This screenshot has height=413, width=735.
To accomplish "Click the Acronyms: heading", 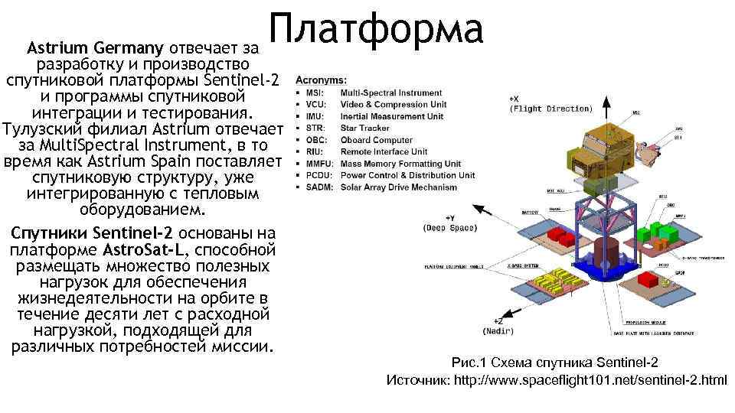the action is click(320, 80).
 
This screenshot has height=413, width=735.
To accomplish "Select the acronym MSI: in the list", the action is click(315, 93).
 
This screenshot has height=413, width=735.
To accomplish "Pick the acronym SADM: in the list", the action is click(318, 187).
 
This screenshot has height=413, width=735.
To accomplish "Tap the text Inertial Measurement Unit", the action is click(391, 116).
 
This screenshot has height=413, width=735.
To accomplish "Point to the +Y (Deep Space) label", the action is click(450, 223).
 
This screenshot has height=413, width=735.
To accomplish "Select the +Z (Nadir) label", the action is click(498, 327).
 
